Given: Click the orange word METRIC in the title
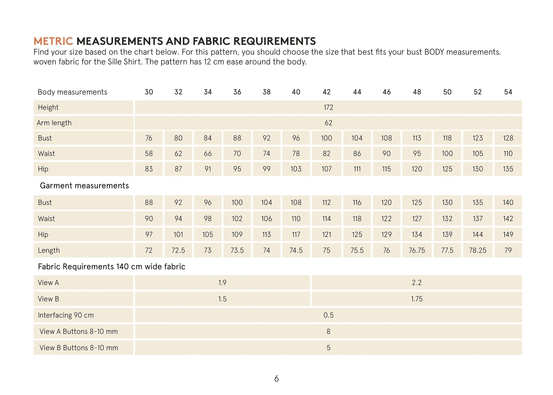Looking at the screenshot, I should pyautogui.click(x=53, y=41).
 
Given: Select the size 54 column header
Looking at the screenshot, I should pyautogui.click(x=508, y=92).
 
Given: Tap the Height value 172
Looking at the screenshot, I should pyautogui.click(x=328, y=107).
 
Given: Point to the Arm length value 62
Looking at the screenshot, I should pyautogui.click(x=328, y=123).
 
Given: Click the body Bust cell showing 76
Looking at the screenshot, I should pyautogui.click(x=149, y=138).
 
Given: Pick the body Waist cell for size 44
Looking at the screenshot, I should pyautogui.click(x=357, y=153).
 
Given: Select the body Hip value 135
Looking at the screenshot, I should pyautogui.click(x=508, y=169).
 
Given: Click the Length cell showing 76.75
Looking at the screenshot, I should pyautogui.click(x=417, y=250).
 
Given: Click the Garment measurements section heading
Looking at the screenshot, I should pyautogui.click(x=84, y=186).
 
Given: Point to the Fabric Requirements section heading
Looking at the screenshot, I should pyautogui.click(x=111, y=266).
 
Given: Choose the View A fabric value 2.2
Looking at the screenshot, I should pyautogui.click(x=417, y=283).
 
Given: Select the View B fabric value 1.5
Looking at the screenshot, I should pyautogui.click(x=222, y=299).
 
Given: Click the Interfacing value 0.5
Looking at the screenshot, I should pyautogui.click(x=328, y=315).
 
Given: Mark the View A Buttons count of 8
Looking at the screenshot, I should pyautogui.click(x=328, y=331).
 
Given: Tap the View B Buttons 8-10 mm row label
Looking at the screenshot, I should pyautogui.click(x=79, y=347).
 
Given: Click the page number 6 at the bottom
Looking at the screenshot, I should pyautogui.click(x=276, y=378).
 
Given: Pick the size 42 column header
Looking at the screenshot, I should pyautogui.click(x=327, y=92).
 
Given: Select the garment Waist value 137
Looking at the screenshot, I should pyautogui.click(x=477, y=219).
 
